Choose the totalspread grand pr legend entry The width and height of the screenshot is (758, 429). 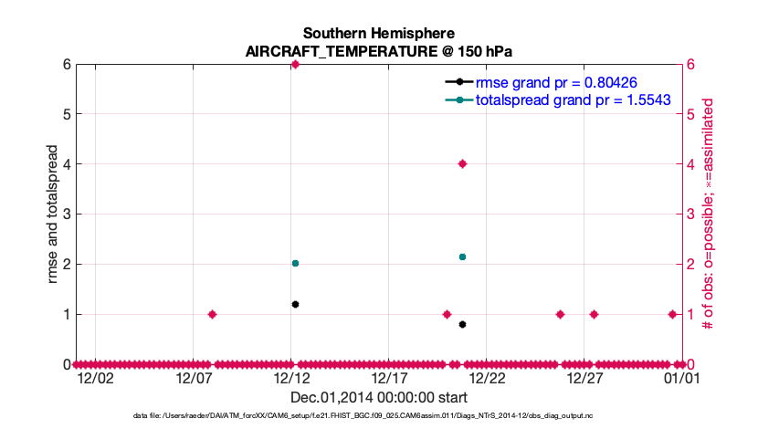574,99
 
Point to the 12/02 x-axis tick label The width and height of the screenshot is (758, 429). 95,377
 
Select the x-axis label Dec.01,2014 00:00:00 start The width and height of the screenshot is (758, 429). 379,397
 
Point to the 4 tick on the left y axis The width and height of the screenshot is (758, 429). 67,164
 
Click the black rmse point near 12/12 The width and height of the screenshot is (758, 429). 295,304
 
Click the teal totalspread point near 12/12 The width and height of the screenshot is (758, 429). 295,263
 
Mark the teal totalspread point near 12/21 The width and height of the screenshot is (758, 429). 462,257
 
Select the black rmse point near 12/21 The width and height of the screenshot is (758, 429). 462,324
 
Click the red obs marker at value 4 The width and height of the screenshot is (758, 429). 462,164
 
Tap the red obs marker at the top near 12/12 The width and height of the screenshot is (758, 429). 295,65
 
